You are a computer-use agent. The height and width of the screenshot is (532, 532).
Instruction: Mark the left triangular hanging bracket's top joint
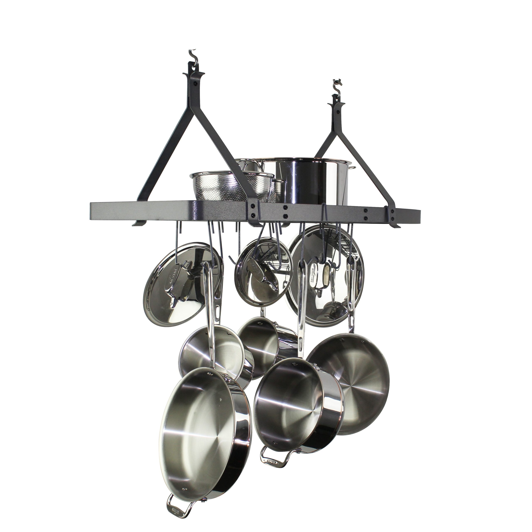[x=194, y=80]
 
